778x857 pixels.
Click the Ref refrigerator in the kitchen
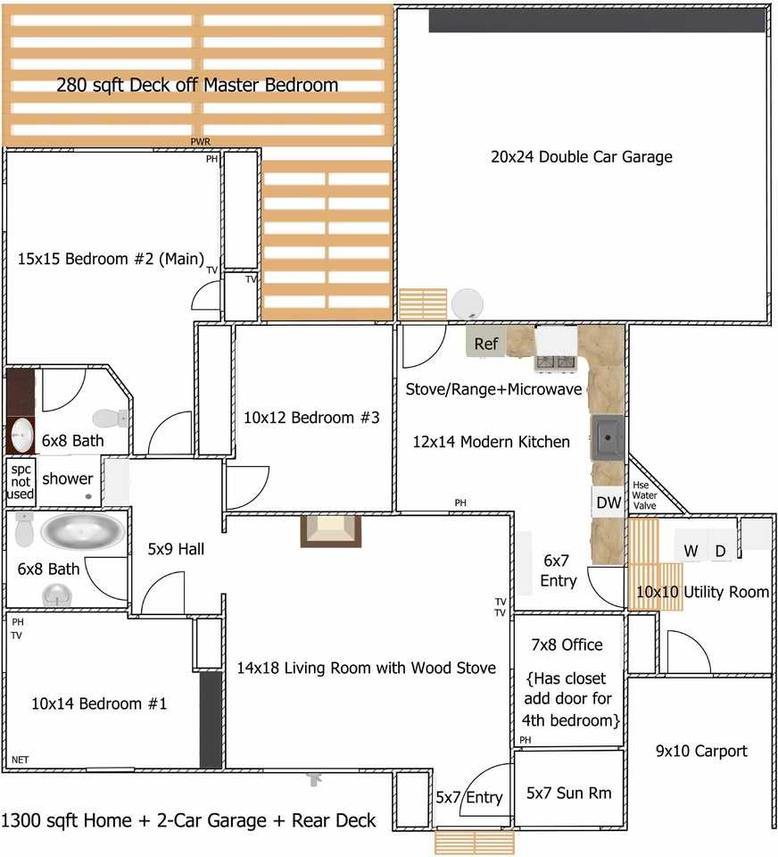point(486,343)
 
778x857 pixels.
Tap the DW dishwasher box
point(608,503)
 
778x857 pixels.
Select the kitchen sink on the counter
point(609,437)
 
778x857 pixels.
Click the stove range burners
point(555,362)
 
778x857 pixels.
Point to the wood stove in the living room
point(331,530)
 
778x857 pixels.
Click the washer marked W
point(691,551)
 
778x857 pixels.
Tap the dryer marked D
point(720,551)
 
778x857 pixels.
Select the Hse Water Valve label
point(644,495)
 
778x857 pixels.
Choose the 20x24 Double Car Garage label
point(581,157)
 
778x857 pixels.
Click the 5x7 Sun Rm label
point(568,793)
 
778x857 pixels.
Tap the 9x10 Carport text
point(701,751)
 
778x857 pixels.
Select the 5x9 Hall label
point(176,549)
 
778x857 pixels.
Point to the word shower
point(68,478)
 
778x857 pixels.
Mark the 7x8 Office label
point(567,645)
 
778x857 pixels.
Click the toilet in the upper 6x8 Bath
point(111,418)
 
